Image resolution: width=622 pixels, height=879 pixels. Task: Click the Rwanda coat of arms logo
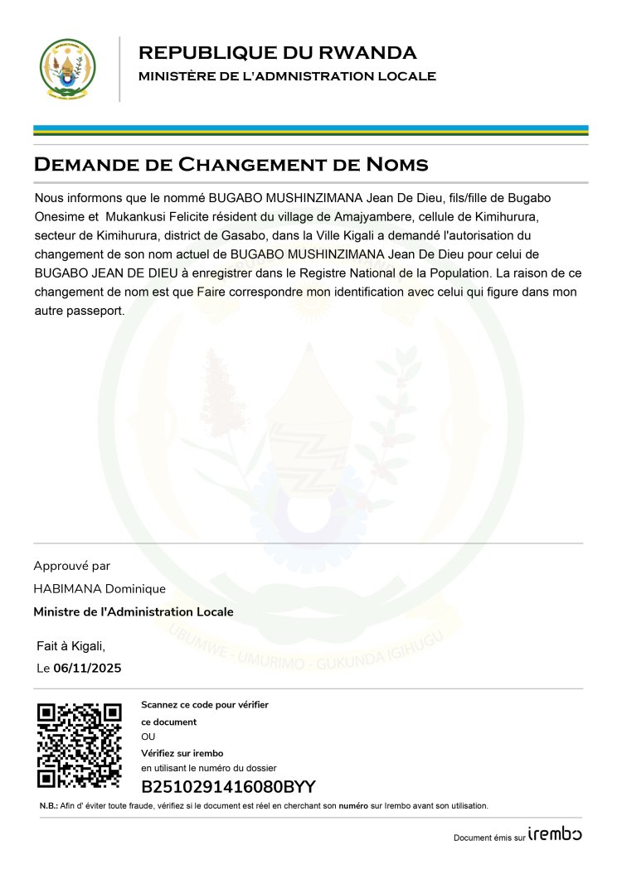pyautogui.click(x=68, y=69)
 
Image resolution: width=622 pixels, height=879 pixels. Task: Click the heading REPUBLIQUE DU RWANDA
pyautogui.click(x=277, y=53)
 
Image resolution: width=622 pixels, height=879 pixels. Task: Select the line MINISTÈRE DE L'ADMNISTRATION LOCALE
pyautogui.click(x=287, y=77)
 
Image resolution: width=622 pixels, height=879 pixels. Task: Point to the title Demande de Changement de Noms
pyautogui.click(x=231, y=164)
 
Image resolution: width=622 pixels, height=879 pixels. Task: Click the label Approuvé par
pyautogui.click(x=71, y=566)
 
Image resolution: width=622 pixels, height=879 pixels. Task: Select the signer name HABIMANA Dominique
pyautogui.click(x=100, y=589)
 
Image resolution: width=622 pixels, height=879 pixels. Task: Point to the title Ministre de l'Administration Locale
pyautogui.click(x=134, y=612)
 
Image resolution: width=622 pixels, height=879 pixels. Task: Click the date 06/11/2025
pyautogui.click(x=87, y=669)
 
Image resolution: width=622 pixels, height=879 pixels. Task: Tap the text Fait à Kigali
pyautogui.click(x=71, y=645)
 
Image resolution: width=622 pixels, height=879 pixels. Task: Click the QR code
pyautogui.click(x=80, y=746)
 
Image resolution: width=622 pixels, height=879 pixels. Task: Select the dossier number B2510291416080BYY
pyautogui.click(x=228, y=787)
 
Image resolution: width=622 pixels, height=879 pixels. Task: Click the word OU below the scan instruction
pyautogui.click(x=148, y=737)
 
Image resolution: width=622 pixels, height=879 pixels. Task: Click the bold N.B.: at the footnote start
pyautogui.click(x=48, y=806)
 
